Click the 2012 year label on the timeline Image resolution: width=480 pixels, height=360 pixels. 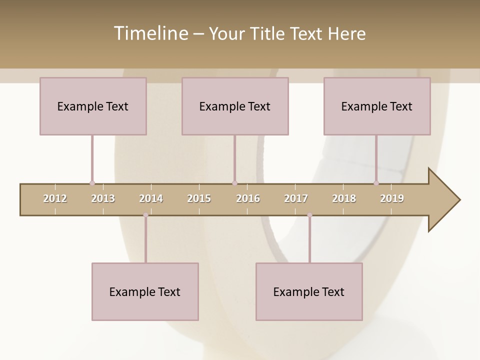tap(55, 198)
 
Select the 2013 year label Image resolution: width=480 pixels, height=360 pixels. tap(103, 198)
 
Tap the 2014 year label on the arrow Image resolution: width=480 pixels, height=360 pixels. tap(151, 198)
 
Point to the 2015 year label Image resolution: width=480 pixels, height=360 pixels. tap(199, 198)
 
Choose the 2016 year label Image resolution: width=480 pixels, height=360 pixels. tap(248, 198)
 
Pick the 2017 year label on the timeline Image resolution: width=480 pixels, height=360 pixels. tap(296, 198)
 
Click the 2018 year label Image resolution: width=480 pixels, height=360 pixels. tap(344, 198)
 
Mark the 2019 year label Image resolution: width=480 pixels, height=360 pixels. tap(392, 198)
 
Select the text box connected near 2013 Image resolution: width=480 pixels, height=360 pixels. tap(93, 106)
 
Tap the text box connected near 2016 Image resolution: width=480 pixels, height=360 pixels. tap(235, 106)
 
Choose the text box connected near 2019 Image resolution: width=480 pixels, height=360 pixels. tap(377, 106)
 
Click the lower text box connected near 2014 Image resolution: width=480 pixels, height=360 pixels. tap(145, 291)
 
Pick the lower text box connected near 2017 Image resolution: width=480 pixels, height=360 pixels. tap(309, 291)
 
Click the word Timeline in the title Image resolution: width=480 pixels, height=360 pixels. tap(150, 33)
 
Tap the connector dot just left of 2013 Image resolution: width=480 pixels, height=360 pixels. tap(92, 183)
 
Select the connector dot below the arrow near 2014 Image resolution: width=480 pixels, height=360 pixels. tap(145, 215)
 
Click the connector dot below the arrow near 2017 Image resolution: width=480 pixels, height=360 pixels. tap(309, 215)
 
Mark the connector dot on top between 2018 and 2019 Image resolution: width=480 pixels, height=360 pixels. tap(376, 183)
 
